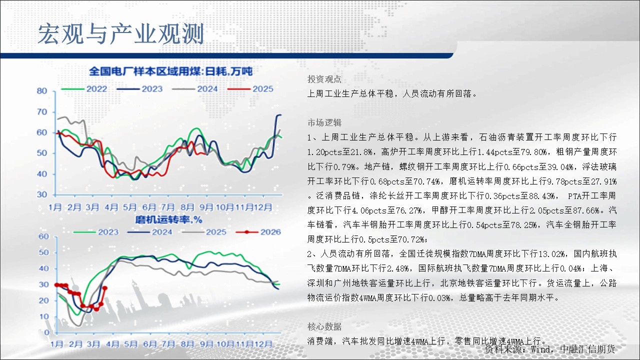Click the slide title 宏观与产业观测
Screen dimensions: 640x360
coord(121,34)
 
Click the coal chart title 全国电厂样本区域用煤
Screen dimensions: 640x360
coord(145,71)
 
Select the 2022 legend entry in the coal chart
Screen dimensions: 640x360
coord(84,89)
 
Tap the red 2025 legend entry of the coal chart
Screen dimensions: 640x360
coord(250,89)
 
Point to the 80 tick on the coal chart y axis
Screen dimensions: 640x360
coord(42,91)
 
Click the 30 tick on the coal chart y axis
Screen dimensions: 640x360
coord(42,194)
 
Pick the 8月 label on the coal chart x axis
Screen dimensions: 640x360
coord(187,207)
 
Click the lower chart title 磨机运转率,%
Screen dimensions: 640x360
coord(168,219)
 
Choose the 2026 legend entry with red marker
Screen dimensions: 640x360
coord(258,232)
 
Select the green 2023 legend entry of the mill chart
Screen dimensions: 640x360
coord(96,232)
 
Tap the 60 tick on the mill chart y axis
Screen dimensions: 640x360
coord(43,236)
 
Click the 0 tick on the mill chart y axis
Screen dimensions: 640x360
coord(46,332)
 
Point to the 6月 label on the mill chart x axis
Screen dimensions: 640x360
coord(149,344)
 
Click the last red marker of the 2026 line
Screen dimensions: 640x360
coord(105,288)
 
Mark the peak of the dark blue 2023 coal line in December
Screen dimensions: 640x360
coord(279,115)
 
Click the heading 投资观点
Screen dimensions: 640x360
coord(324,79)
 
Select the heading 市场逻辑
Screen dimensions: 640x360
coord(324,122)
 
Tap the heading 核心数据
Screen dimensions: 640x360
coord(324,326)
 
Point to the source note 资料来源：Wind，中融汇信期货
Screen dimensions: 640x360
coord(550,349)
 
